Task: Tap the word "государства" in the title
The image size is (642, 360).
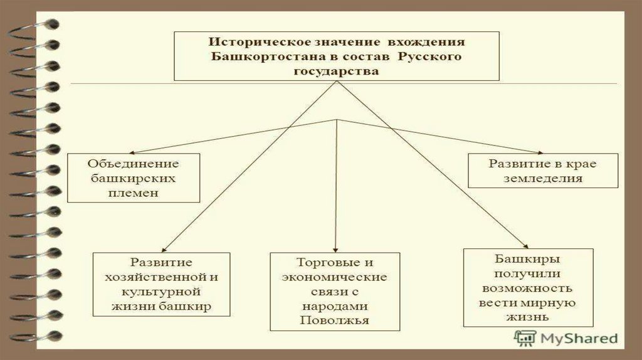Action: (x=336, y=71)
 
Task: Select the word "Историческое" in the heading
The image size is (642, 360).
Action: (x=249, y=43)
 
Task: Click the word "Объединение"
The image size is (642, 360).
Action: (x=134, y=164)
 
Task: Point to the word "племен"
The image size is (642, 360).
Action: (x=133, y=193)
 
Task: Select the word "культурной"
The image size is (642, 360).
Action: (x=162, y=292)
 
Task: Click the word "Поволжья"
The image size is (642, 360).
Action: (x=334, y=320)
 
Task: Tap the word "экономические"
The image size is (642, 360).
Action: (x=334, y=277)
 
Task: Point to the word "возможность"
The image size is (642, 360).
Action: (x=527, y=288)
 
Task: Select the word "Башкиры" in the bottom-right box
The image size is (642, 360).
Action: (x=527, y=258)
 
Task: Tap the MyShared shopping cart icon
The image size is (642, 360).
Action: (x=525, y=338)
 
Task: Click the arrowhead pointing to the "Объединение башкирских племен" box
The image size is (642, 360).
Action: (x=134, y=152)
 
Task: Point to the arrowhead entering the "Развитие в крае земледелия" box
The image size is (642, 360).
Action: (x=540, y=152)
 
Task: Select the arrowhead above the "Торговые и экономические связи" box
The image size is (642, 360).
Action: (x=337, y=250)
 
